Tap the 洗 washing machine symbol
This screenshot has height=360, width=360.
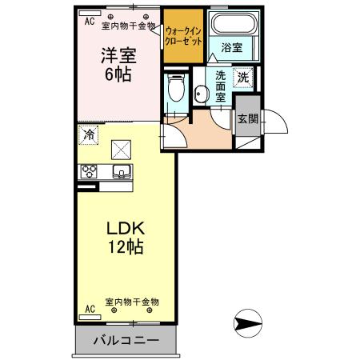(243, 78)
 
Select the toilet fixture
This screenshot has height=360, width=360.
(175, 88)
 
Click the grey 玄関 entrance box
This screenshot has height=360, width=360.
(247, 119)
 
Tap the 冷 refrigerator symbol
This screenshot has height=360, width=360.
(87, 135)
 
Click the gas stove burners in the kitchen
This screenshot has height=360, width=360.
(88, 171)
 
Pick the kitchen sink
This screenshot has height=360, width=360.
(122, 171)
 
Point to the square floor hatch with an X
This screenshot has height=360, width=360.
(121, 149)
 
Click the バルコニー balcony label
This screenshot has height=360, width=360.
(125, 341)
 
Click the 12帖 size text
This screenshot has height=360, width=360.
(126, 247)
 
